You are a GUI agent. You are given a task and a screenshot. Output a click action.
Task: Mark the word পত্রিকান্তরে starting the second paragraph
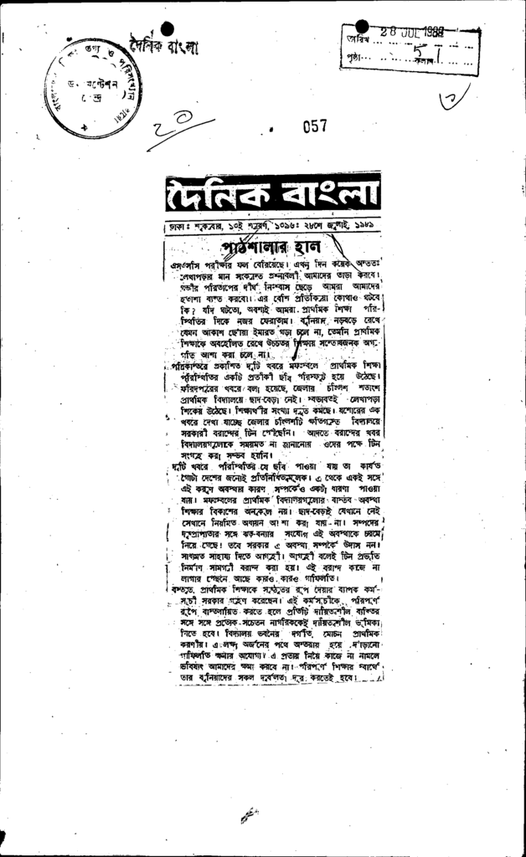pos(191,367)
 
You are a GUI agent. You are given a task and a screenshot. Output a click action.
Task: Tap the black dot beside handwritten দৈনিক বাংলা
pos(167,28)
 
